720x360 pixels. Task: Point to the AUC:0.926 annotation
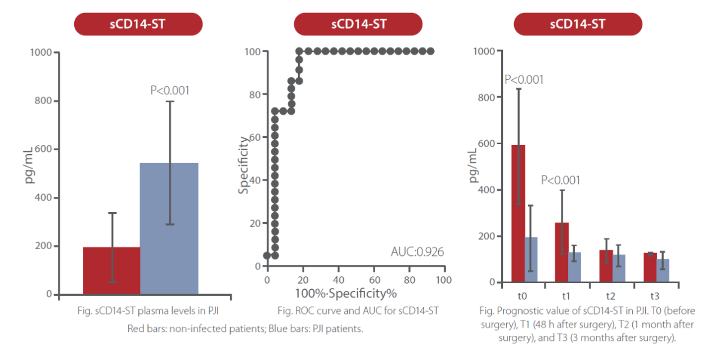pyautogui.click(x=417, y=251)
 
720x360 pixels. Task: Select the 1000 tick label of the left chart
pyautogui.click(x=40, y=52)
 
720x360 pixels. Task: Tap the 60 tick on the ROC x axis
pyautogui.click(x=373, y=280)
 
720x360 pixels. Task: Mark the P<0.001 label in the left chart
pyautogui.click(x=169, y=90)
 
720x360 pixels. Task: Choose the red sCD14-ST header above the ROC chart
pyautogui.click(x=358, y=24)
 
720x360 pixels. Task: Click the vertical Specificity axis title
pyautogui.click(x=243, y=165)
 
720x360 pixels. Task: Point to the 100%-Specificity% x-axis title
pyautogui.click(x=345, y=293)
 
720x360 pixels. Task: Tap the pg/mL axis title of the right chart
pyautogui.click(x=474, y=165)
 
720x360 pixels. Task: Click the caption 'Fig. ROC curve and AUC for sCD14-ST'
pyautogui.click(x=358, y=310)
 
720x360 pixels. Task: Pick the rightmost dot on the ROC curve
pyautogui.click(x=430, y=51)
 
